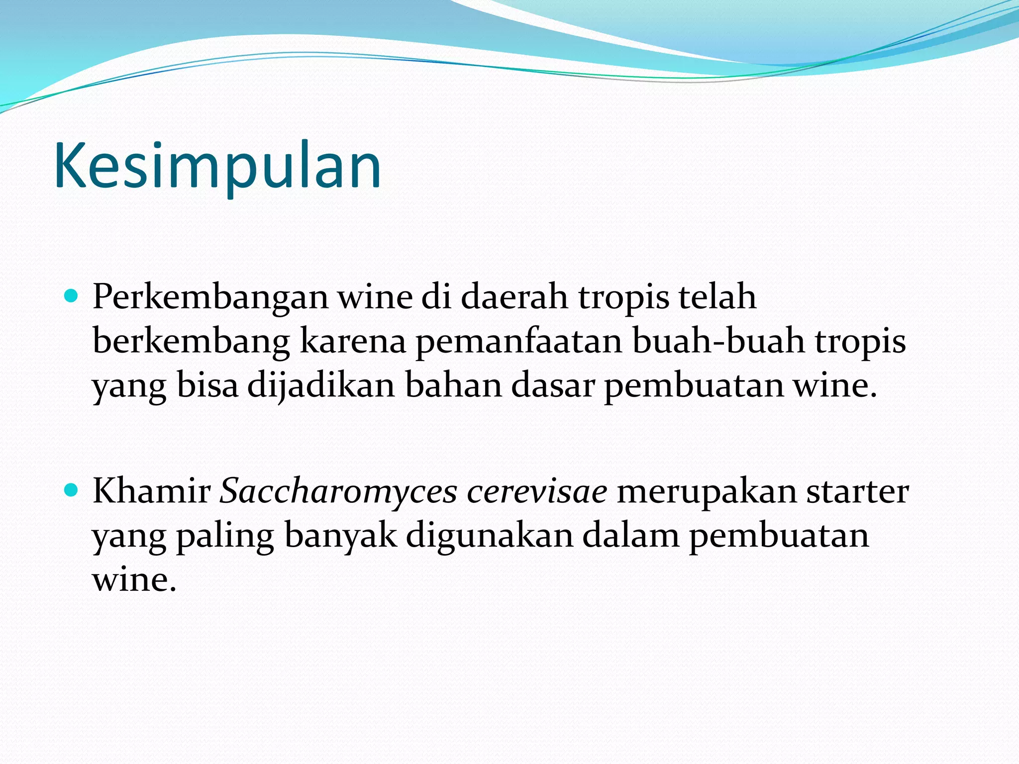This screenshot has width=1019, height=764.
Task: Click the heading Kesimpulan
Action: [x=217, y=167]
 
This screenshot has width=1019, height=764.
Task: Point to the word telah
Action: [x=717, y=297]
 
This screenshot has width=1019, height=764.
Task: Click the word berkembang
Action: [x=191, y=342]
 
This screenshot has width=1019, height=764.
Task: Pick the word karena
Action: [x=353, y=342]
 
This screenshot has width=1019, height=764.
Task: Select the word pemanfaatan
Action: [x=519, y=342]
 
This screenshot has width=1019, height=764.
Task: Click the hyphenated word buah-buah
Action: [x=718, y=342]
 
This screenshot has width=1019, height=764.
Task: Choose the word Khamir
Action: [x=152, y=491]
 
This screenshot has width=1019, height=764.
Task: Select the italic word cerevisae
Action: [x=537, y=491]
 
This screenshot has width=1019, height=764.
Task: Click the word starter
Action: [x=857, y=491]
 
